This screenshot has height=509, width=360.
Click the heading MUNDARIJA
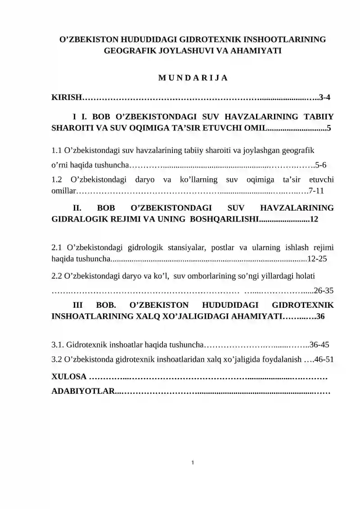coord(193,77)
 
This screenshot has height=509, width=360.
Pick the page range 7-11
coord(314,190)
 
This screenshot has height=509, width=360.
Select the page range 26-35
coord(324,290)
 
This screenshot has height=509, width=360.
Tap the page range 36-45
coord(319,345)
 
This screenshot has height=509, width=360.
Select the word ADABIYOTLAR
coord(83,391)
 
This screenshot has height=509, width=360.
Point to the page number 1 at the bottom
coord(193,462)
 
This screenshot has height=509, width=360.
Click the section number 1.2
coord(57,180)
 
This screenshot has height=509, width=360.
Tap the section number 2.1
coord(57,248)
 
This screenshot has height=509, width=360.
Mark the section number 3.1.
coord(58,345)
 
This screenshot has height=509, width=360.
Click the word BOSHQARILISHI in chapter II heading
coord(225,219)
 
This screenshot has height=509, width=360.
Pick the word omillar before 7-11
coord(63,190)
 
